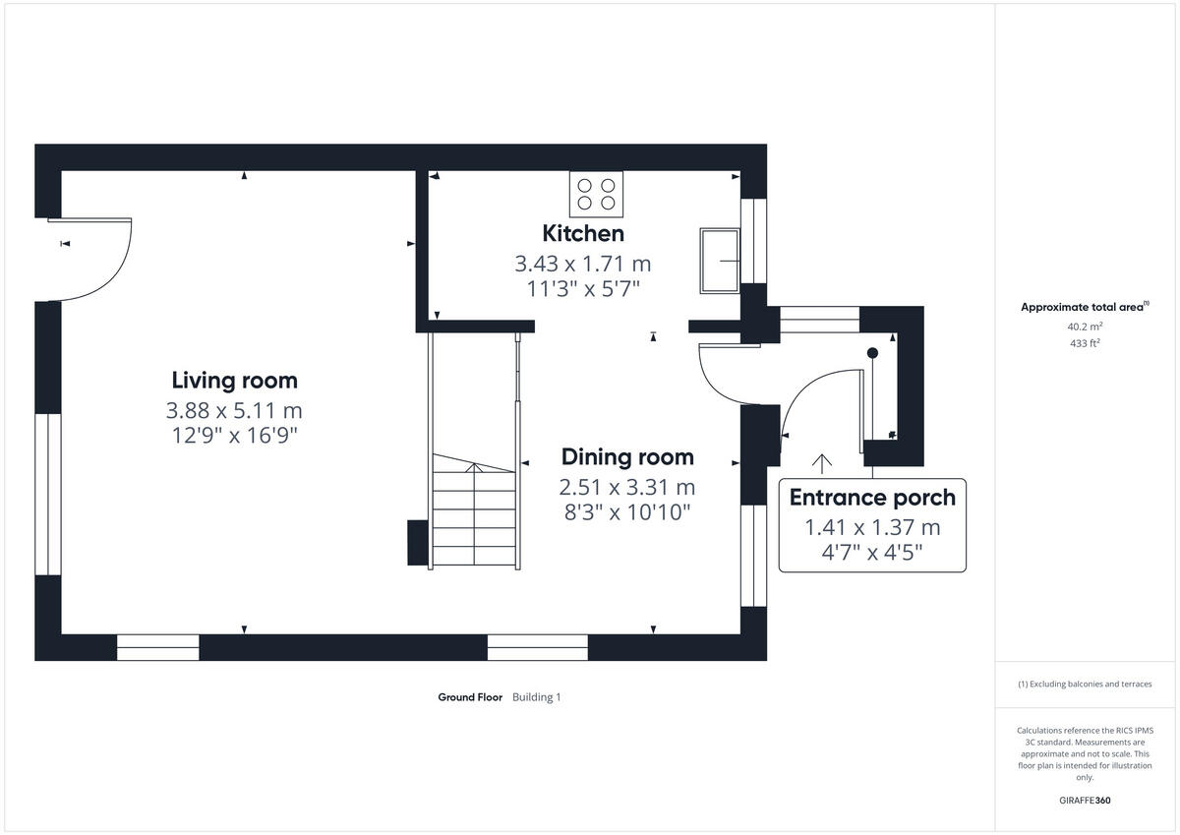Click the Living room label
(234, 380)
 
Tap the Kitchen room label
(583, 233)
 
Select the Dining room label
(627, 456)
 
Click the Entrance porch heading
(872, 498)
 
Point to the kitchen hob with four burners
(597, 193)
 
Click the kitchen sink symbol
(721, 261)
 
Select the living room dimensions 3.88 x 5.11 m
(234, 410)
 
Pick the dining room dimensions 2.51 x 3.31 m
(627, 487)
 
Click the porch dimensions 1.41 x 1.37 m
(872, 528)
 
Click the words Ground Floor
(470, 697)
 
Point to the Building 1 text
(536, 697)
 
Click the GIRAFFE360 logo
(1084, 801)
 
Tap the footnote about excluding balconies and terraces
(1084, 684)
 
